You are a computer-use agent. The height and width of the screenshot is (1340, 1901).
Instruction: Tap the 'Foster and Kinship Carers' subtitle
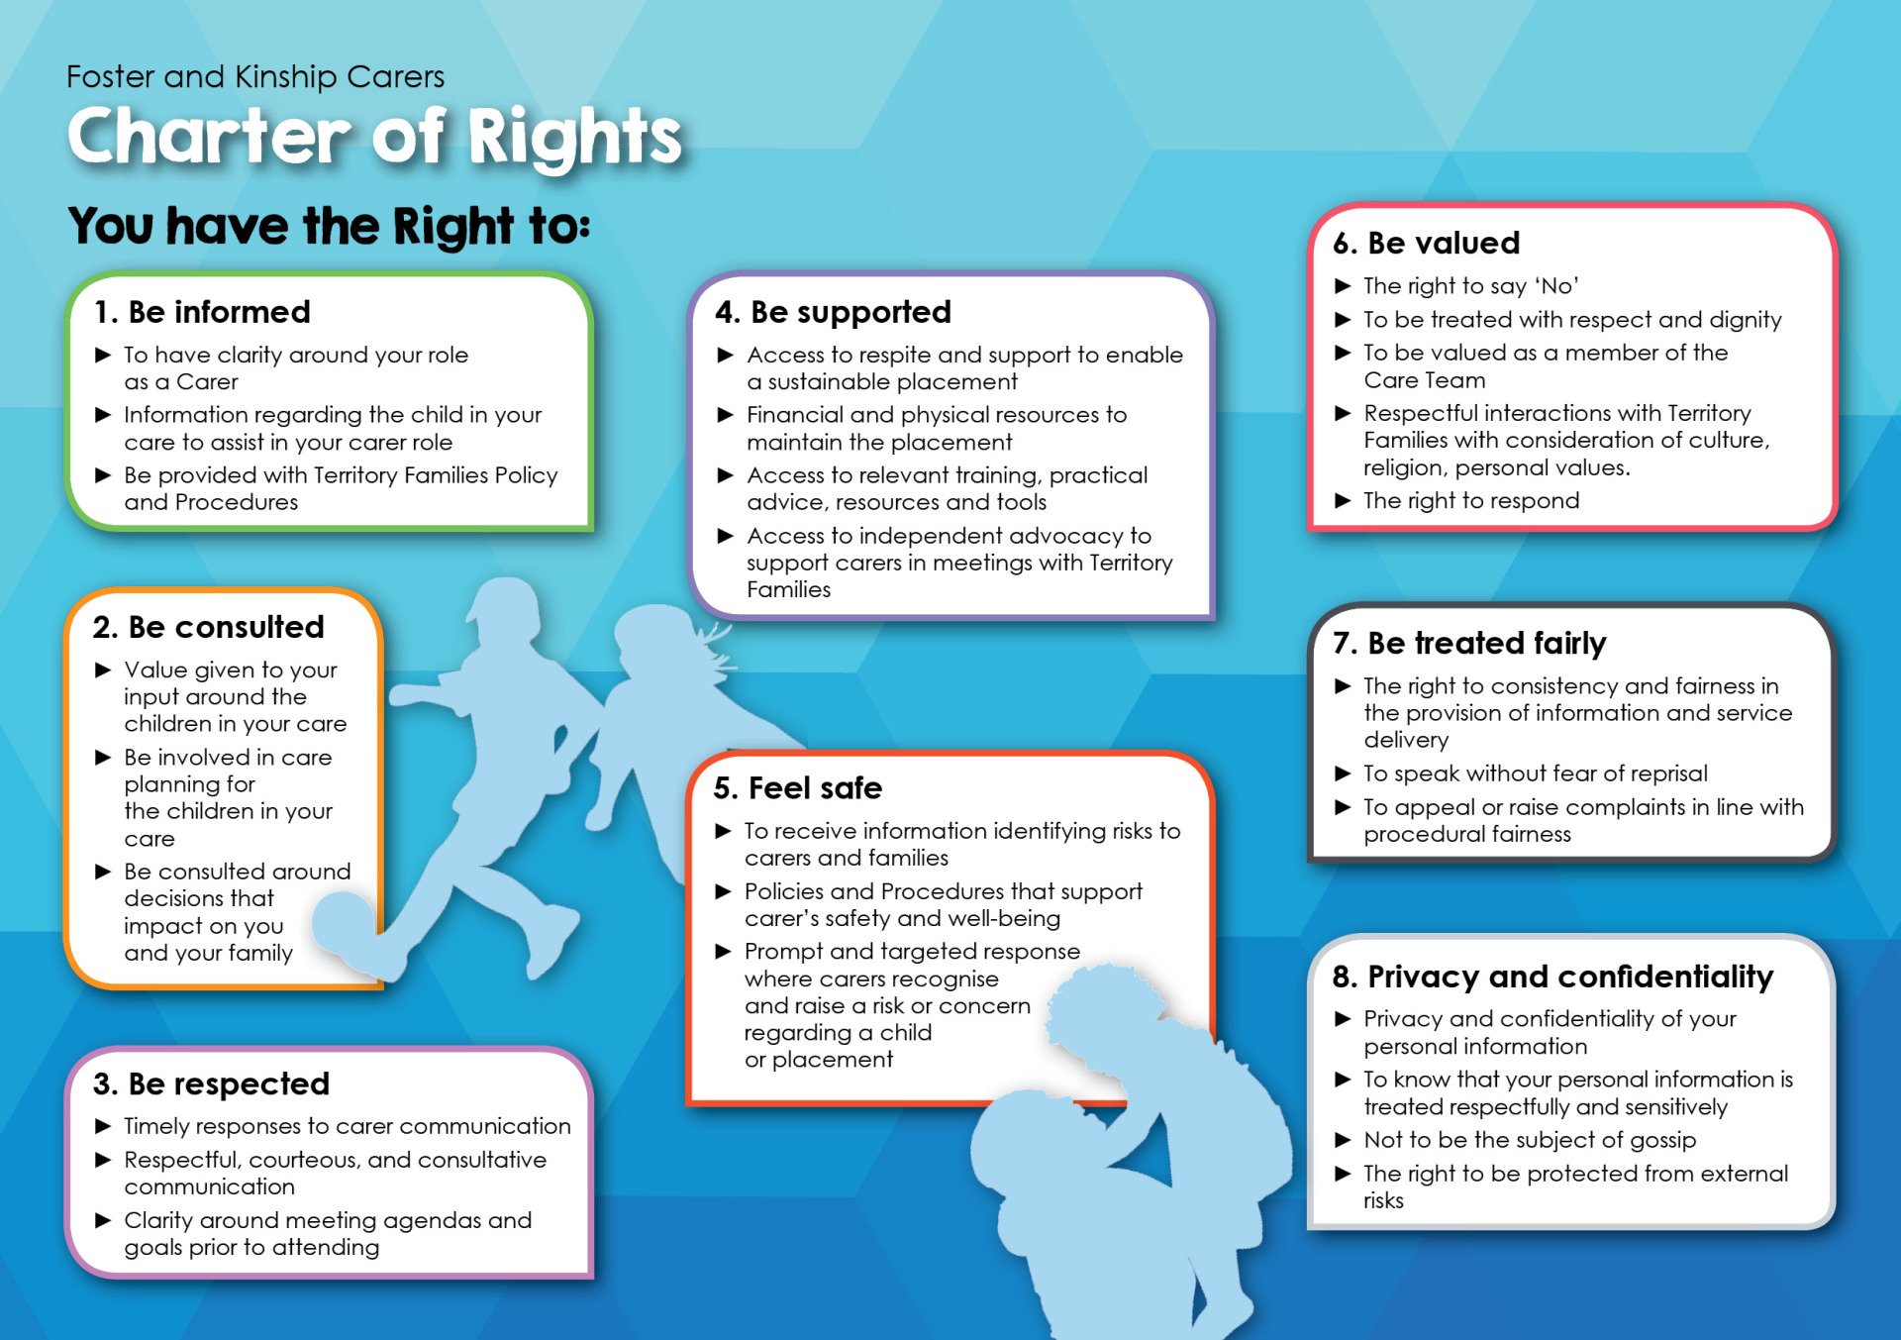click(x=255, y=76)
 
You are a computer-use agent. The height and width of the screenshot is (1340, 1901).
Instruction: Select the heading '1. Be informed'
click(x=201, y=312)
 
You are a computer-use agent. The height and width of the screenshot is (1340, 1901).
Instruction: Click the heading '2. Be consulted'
click(x=208, y=627)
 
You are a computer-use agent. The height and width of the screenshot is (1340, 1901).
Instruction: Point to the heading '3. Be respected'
click(x=211, y=1083)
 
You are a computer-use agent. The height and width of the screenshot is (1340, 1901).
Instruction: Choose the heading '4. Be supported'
click(x=833, y=312)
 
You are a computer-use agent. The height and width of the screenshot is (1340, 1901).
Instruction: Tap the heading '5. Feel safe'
click(x=797, y=787)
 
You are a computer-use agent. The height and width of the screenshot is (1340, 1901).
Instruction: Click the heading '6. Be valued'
click(x=1426, y=243)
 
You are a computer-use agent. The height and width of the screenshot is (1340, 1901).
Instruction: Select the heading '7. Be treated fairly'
click(x=1469, y=644)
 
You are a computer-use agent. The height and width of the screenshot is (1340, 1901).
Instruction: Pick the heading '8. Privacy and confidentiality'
click(x=1552, y=978)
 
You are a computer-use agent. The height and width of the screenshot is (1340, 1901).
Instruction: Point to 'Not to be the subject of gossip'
click(x=1530, y=1140)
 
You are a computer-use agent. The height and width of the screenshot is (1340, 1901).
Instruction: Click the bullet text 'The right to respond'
click(x=1471, y=500)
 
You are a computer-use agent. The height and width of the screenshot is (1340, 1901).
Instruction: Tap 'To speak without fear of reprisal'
click(x=1536, y=773)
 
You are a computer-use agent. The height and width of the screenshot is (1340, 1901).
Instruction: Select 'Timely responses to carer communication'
click(x=348, y=1126)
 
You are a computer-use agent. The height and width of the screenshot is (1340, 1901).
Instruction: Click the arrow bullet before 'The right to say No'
click(x=1343, y=286)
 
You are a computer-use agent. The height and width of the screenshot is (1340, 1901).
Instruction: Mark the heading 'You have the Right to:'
click(x=329, y=226)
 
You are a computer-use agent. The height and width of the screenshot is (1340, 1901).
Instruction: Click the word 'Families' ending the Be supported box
click(x=788, y=589)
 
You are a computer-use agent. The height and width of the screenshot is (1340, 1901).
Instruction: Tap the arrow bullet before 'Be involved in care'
click(x=103, y=758)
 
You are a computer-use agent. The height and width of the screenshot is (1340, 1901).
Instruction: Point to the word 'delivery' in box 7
click(x=1406, y=740)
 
